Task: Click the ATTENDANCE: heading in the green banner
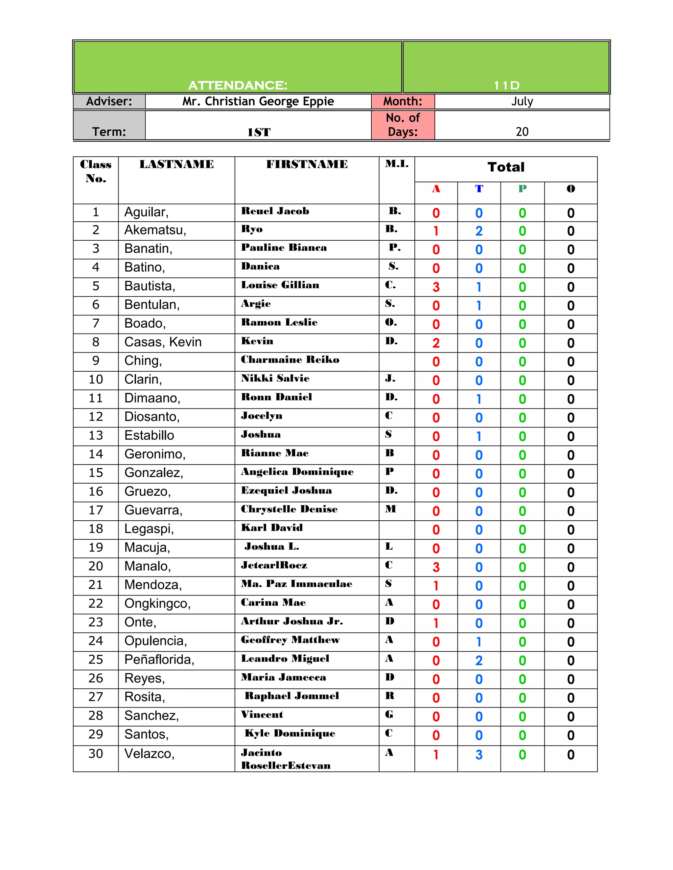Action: pos(238,85)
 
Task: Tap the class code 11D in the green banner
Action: pos(506,85)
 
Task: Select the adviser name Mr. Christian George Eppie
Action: pos(258,101)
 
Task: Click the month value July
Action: pos(522,101)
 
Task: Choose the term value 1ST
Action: pos(259,132)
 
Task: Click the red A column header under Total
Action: pos(436,189)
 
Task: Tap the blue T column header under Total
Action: pos(479,189)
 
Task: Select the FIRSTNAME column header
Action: pos(307,164)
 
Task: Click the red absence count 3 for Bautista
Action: pos(436,287)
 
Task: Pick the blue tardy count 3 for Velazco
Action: pos(479,755)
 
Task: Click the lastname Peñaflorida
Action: pos(159,660)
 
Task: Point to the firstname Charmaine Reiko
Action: pos(290,360)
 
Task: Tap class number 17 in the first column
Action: pos(96,510)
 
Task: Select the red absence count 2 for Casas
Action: pos(436,343)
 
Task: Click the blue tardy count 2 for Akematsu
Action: pos(479,231)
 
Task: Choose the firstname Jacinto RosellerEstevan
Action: pos(286,759)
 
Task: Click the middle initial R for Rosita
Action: pos(389,696)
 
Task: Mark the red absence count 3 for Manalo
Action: pos(436,567)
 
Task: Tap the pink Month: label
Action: pos(403,101)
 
